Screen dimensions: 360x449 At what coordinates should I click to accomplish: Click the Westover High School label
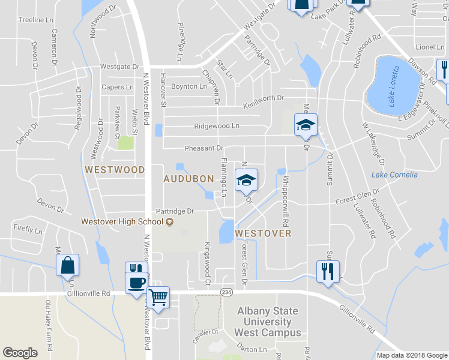coord(122,222)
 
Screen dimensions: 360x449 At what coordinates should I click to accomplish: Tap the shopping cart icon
coord(158,296)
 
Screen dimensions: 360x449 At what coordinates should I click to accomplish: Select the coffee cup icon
coord(137,282)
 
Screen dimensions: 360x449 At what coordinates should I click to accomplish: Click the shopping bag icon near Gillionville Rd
coord(67,264)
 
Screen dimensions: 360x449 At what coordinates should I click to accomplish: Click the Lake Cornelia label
coord(394,175)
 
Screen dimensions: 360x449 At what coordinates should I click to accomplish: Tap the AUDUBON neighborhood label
coord(188,179)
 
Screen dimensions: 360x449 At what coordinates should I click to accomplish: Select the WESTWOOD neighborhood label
coord(115,170)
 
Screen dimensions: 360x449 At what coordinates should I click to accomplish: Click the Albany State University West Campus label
coord(268,322)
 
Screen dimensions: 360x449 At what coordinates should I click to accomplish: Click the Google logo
coord(20,353)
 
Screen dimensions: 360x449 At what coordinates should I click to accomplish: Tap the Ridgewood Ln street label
coord(216,127)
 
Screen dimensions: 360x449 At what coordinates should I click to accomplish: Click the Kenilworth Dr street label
coord(262,102)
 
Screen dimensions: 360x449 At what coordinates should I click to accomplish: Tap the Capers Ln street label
coord(117,87)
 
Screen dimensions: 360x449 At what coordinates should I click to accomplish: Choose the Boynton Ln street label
coord(189,86)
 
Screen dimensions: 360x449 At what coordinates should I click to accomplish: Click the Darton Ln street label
coord(252,349)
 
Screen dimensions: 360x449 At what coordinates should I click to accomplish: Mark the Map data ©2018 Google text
coord(411,355)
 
